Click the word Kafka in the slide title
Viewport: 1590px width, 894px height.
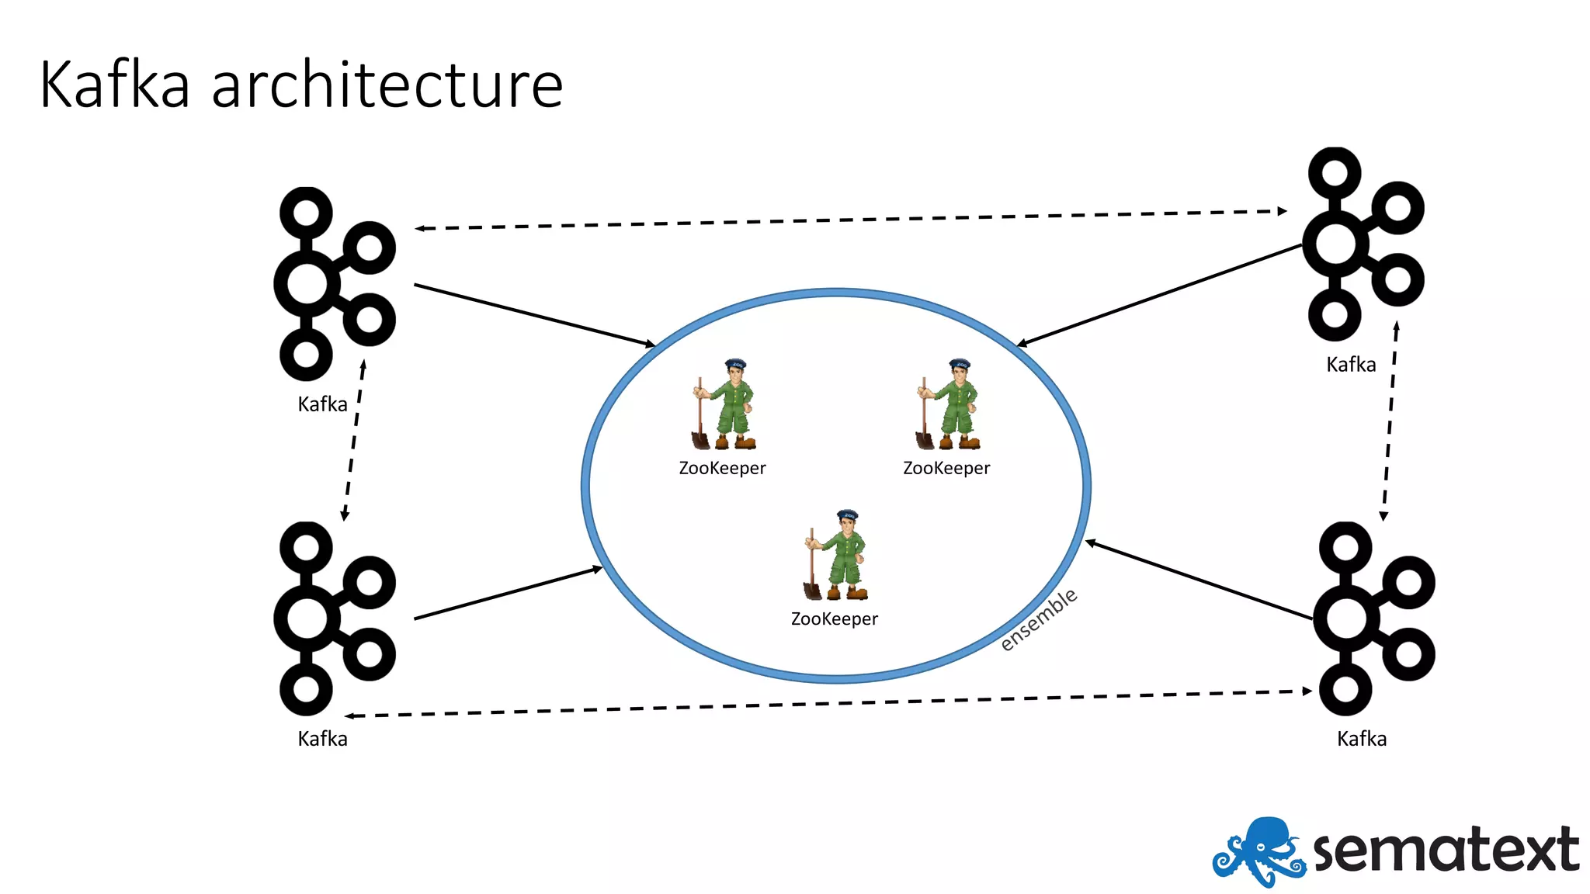click(x=115, y=85)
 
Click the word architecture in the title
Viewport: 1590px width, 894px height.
click(x=387, y=85)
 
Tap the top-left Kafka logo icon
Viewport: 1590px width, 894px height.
click(x=334, y=284)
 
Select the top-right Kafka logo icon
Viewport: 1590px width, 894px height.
click(x=1363, y=244)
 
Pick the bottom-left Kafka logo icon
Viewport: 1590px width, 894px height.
click(x=334, y=619)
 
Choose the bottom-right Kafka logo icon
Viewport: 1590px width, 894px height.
click(x=1374, y=619)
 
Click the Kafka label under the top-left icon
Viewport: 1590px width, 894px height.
click(x=322, y=404)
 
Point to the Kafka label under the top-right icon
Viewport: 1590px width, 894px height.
click(x=1351, y=365)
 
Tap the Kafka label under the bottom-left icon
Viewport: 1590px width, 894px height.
click(x=322, y=739)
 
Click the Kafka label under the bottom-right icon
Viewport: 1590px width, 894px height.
click(x=1362, y=739)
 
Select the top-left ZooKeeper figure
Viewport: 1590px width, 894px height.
click(x=724, y=404)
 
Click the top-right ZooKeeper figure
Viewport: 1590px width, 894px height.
click(x=948, y=404)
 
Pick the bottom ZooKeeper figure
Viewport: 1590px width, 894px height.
click(x=836, y=555)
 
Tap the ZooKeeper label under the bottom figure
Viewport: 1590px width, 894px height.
click(x=835, y=619)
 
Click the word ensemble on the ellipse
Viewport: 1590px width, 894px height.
click(x=1039, y=619)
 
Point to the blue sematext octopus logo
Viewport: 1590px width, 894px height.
click(x=1258, y=851)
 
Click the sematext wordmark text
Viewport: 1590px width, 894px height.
click(x=1446, y=851)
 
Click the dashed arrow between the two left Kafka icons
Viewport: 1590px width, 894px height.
click(x=354, y=440)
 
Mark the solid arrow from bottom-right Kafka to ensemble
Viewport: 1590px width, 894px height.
click(x=1199, y=580)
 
